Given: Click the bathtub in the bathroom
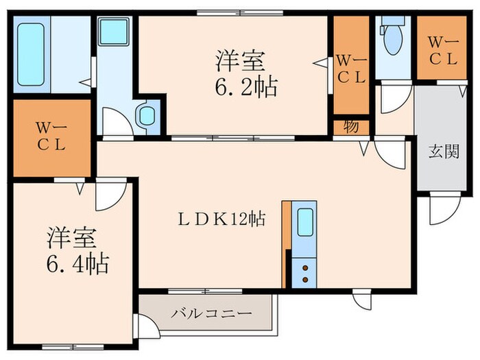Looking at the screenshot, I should (x=32, y=45).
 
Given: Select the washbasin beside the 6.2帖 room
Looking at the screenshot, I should (x=147, y=115).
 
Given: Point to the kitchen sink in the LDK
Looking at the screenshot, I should (x=305, y=223).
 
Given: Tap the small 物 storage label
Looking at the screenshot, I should (x=351, y=128).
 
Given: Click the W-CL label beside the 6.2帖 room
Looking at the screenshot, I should (x=350, y=69).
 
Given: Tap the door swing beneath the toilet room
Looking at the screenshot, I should (x=394, y=97).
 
